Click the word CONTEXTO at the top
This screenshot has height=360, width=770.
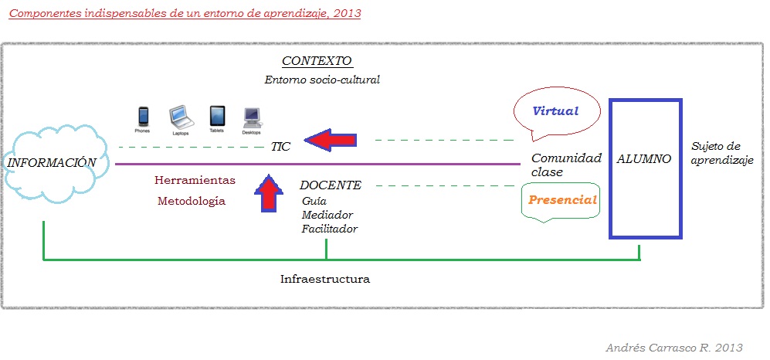(317, 61)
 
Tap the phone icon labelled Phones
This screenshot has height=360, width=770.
(143, 117)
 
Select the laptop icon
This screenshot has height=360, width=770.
(180, 116)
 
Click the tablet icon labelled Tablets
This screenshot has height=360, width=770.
(218, 116)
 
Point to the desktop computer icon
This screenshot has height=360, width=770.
(253, 117)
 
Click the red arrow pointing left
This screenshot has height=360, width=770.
(331, 140)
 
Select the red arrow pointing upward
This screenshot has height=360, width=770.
(268, 193)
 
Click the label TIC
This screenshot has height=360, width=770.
(280, 147)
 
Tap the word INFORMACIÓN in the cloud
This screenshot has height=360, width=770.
(52, 162)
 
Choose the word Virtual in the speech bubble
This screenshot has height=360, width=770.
(555, 111)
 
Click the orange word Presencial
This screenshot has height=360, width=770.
(563, 200)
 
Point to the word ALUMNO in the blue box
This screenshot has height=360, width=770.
(645, 158)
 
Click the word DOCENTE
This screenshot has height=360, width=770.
(331, 185)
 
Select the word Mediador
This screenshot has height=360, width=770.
(327, 215)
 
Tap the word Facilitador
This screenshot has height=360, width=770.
(330, 229)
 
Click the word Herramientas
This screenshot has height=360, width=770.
(195, 180)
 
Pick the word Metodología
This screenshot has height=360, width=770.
(192, 201)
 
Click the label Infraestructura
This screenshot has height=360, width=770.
(324, 278)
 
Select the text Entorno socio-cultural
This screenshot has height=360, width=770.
(322, 80)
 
